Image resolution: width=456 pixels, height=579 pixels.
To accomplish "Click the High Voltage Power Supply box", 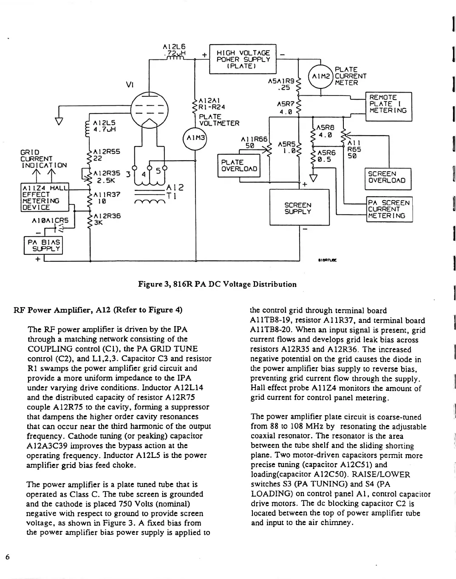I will point(243,59).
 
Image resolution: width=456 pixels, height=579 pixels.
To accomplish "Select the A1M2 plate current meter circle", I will point(321,76).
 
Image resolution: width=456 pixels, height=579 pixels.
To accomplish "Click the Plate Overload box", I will point(239,165).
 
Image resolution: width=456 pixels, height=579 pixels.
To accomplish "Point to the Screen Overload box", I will point(389,177).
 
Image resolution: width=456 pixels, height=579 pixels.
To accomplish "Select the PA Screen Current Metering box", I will point(389,209).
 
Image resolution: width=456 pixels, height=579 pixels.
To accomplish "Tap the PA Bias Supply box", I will point(43,245).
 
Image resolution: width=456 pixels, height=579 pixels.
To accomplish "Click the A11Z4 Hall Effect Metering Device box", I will point(44,198).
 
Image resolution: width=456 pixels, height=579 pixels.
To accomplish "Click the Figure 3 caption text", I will point(217,284).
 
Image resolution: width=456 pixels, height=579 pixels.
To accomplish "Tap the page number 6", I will point(7,557).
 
